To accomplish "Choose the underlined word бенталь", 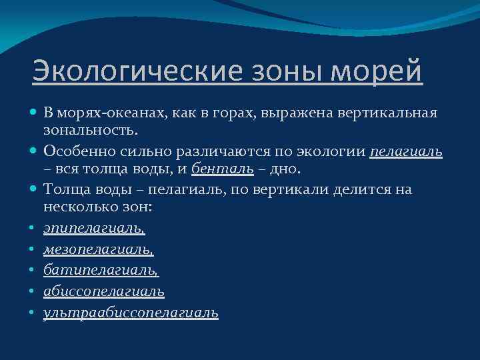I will tap(222, 168).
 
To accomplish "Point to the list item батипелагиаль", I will tap(101, 270).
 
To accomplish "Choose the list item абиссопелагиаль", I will tap(104, 291).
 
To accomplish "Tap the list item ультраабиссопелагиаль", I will tap(131, 312).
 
